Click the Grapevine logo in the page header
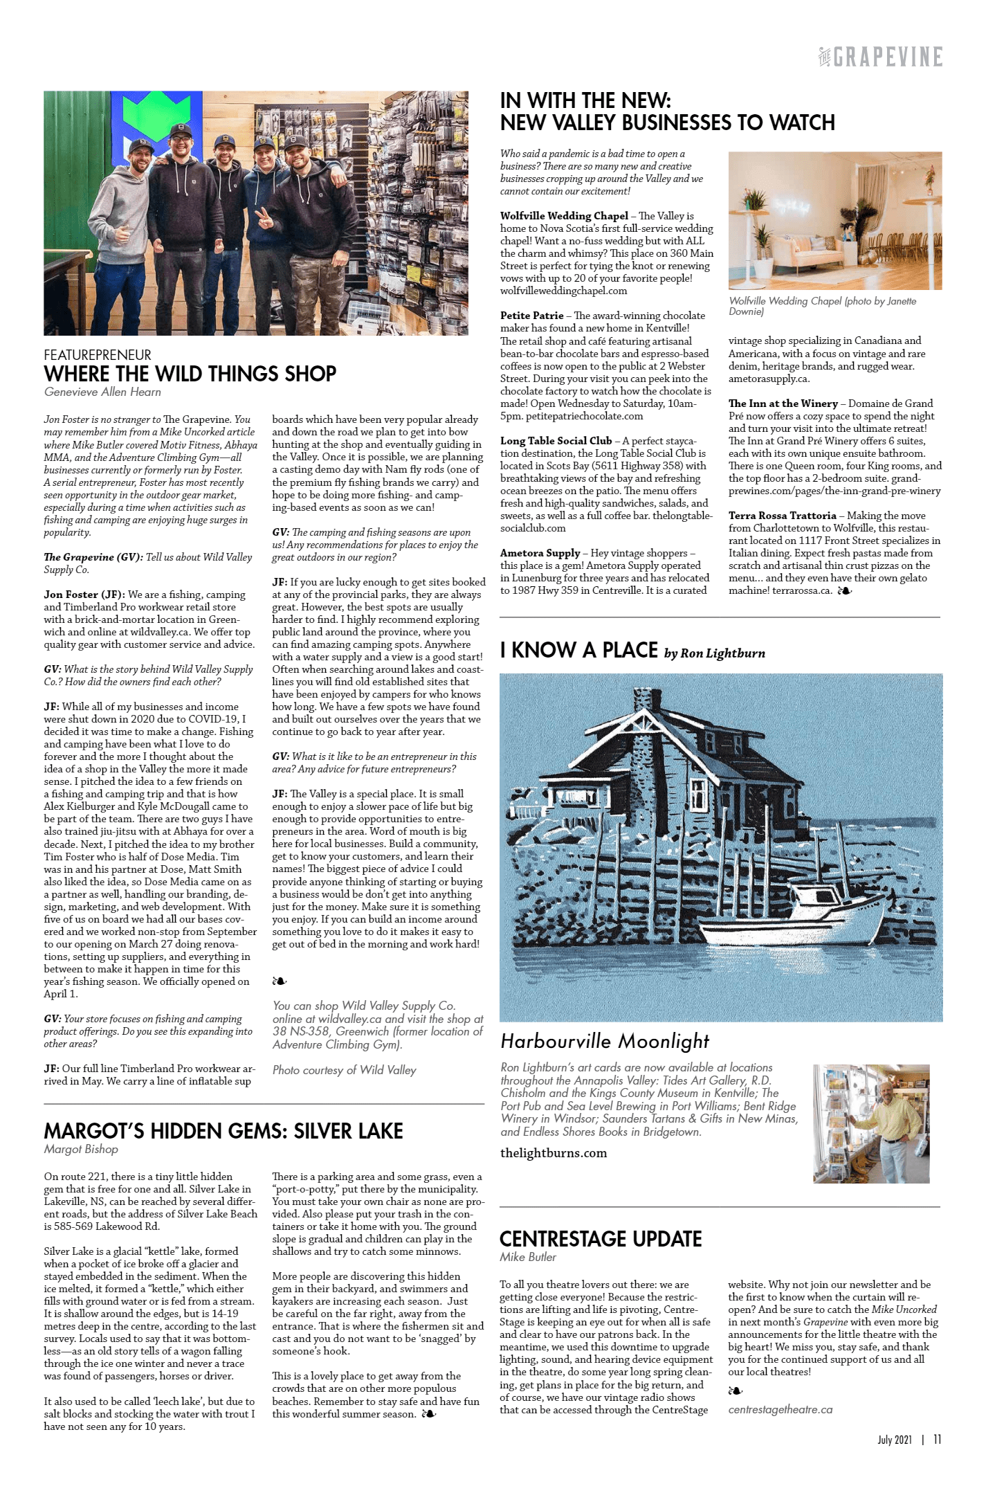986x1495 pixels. click(x=880, y=57)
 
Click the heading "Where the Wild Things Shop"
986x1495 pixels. click(x=190, y=374)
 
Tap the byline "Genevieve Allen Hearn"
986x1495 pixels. click(x=102, y=392)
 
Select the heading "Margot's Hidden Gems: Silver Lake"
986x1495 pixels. click(x=223, y=1132)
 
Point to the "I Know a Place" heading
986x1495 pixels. click(x=578, y=651)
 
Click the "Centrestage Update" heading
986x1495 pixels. click(x=601, y=1239)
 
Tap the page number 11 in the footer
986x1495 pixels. click(x=937, y=1440)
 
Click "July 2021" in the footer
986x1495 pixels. click(x=894, y=1440)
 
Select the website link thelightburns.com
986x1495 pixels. click(x=554, y=1153)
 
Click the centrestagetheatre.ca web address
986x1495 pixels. click(x=780, y=1409)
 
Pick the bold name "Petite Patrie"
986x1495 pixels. click(x=531, y=316)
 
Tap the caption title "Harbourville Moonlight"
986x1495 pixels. click(x=605, y=1042)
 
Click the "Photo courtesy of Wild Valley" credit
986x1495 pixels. click(x=344, y=1071)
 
